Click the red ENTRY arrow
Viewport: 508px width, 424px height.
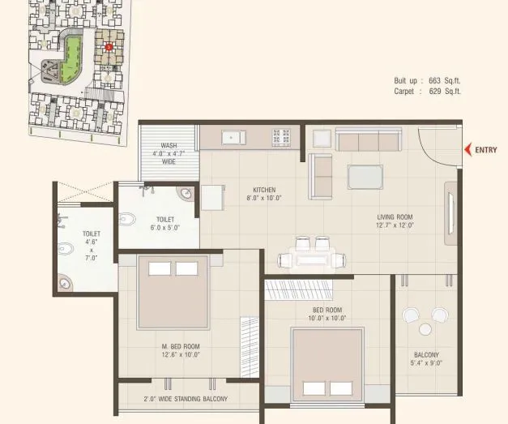(467, 149)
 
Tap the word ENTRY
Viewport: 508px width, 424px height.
(486, 149)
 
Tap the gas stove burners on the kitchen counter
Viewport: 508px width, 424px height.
(281, 137)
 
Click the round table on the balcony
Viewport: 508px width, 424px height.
(425, 328)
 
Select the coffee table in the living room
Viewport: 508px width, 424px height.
(365, 177)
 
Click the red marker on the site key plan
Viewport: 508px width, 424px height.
(109, 47)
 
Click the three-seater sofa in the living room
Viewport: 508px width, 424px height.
(368, 142)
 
